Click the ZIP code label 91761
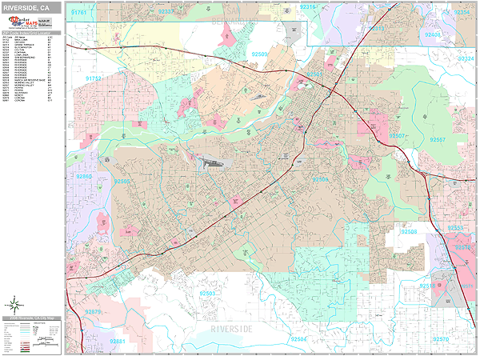pyautogui.click(x=81, y=14)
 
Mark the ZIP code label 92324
pyautogui.click(x=466, y=59)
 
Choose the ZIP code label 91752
pyautogui.click(x=94, y=79)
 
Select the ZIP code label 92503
pyautogui.click(x=209, y=294)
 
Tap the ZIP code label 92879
pyautogui.click(x=94, y=311)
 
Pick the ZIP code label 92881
pyautogui.click(x=118, y=342)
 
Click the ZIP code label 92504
pyautogui.click(x=298, y=339)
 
